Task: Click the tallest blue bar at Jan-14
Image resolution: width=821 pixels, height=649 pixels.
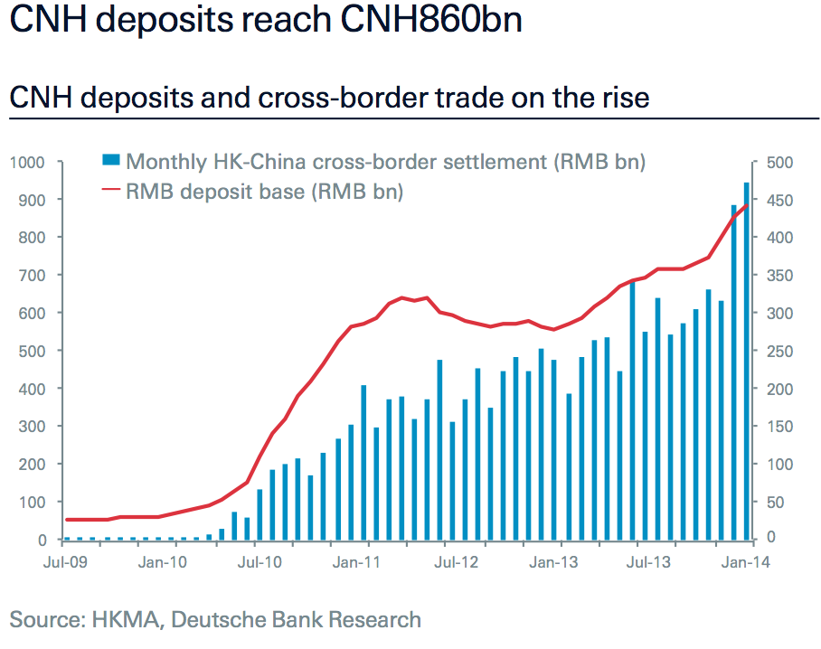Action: click(x=746, y=362)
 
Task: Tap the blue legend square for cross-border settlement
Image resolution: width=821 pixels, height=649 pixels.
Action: click(x=110, y=161)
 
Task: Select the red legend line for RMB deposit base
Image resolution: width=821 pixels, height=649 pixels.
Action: click(x=110, y=191)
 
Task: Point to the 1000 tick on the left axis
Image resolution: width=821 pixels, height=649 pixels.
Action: click(x=27, y=163)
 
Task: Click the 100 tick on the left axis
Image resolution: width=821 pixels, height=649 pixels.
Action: click(x=33, y=503)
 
